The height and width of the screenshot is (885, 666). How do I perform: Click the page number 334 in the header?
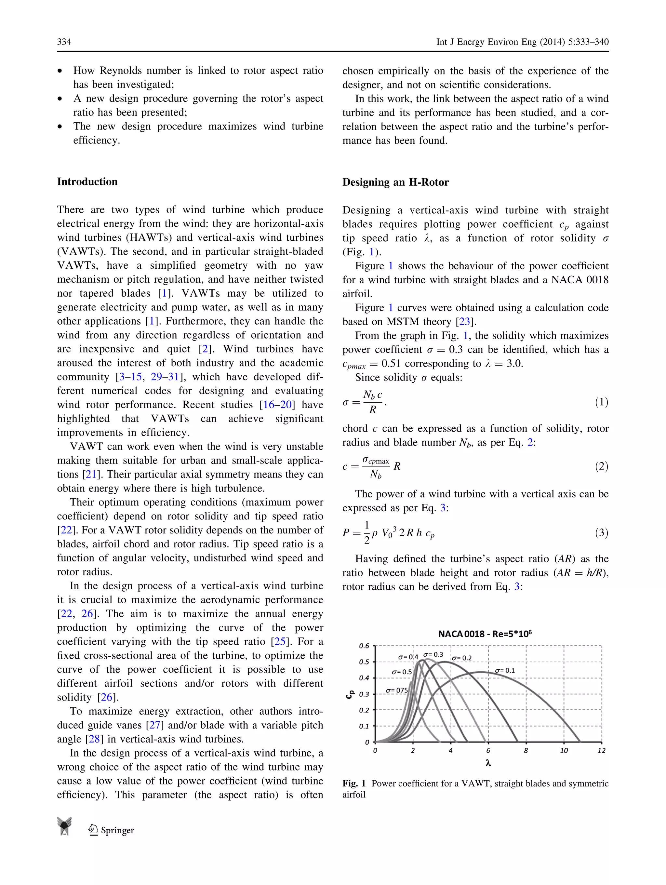[64, 42]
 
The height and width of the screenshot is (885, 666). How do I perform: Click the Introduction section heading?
[87, 181]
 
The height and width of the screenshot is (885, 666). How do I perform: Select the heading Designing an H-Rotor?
[395, 182]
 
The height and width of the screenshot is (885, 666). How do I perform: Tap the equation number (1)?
[601, 402]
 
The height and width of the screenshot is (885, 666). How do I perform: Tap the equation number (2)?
[601, 466]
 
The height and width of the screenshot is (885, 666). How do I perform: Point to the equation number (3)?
[601, 532]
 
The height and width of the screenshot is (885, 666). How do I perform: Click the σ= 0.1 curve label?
[505, 671]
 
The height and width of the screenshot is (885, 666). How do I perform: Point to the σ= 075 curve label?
[396, 691]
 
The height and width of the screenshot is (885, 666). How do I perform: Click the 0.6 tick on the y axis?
[364, 646]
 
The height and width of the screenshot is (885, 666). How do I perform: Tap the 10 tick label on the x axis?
[564, 751]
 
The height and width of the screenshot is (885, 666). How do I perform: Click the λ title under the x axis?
[488, 763]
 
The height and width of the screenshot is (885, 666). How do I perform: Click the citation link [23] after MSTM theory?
[464, 322]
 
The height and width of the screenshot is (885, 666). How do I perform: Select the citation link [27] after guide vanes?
[155, 725]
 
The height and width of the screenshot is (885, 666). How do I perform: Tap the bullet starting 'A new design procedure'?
[198, 105]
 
